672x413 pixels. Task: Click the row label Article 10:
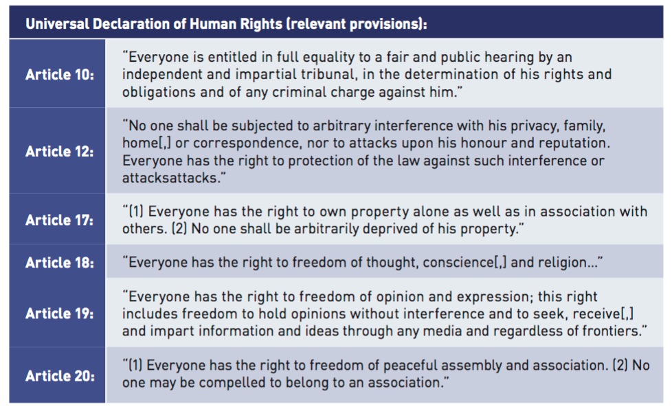pyautogui.click(x=60, y=75)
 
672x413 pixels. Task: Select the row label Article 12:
pyautogui.click(x=60, y=151)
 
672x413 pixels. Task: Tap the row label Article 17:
pyautogui.click(x=60, y=220)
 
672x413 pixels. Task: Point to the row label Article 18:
pyautogui.click(x=60, y=262)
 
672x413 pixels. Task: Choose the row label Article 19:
pyautogui.click(x=60, y=314)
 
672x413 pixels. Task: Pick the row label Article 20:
pyautogui.click(x=60, y=376)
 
